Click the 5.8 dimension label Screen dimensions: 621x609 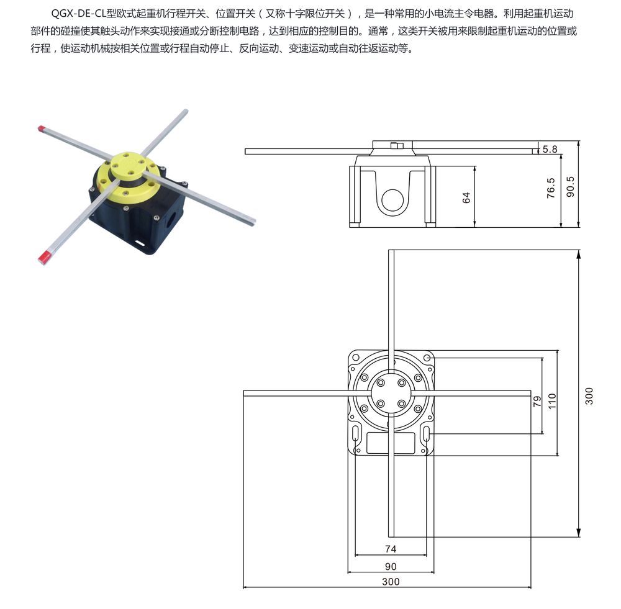[550, 149]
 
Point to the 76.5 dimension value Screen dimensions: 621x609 [551, 187]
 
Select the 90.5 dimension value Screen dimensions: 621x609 [570, 186]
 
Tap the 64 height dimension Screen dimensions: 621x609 [466, 197]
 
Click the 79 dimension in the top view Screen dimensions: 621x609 [537, 402]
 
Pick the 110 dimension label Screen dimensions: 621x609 [552, 401]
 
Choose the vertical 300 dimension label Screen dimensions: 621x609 [589, 396]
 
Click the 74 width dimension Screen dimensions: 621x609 [391, 549]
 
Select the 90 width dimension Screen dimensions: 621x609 [391, 567]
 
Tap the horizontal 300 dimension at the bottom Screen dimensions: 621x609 [391, 581]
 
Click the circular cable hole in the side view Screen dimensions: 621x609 [392, 200]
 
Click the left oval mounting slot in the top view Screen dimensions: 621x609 [356, 433]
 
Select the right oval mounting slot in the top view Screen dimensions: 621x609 [426, 433]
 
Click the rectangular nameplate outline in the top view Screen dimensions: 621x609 [391, 443]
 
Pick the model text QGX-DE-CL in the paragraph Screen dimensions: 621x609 [78, 14]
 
